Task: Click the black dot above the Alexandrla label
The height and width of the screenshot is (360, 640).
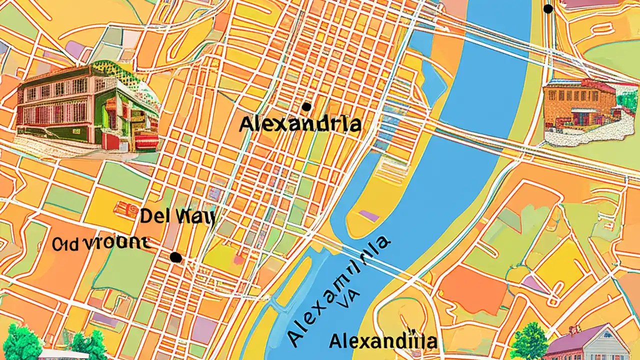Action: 306,106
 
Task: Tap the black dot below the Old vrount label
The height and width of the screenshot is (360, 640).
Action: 175,257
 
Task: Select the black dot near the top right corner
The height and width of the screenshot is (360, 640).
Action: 548,9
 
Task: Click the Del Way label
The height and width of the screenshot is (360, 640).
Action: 177,216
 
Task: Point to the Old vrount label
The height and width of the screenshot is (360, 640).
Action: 100,243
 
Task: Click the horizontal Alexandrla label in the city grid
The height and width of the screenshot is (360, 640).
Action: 300,124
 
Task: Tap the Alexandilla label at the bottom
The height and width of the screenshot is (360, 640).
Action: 383,342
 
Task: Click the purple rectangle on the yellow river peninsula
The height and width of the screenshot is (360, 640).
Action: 369,215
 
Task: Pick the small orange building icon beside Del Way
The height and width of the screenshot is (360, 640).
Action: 126,209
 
